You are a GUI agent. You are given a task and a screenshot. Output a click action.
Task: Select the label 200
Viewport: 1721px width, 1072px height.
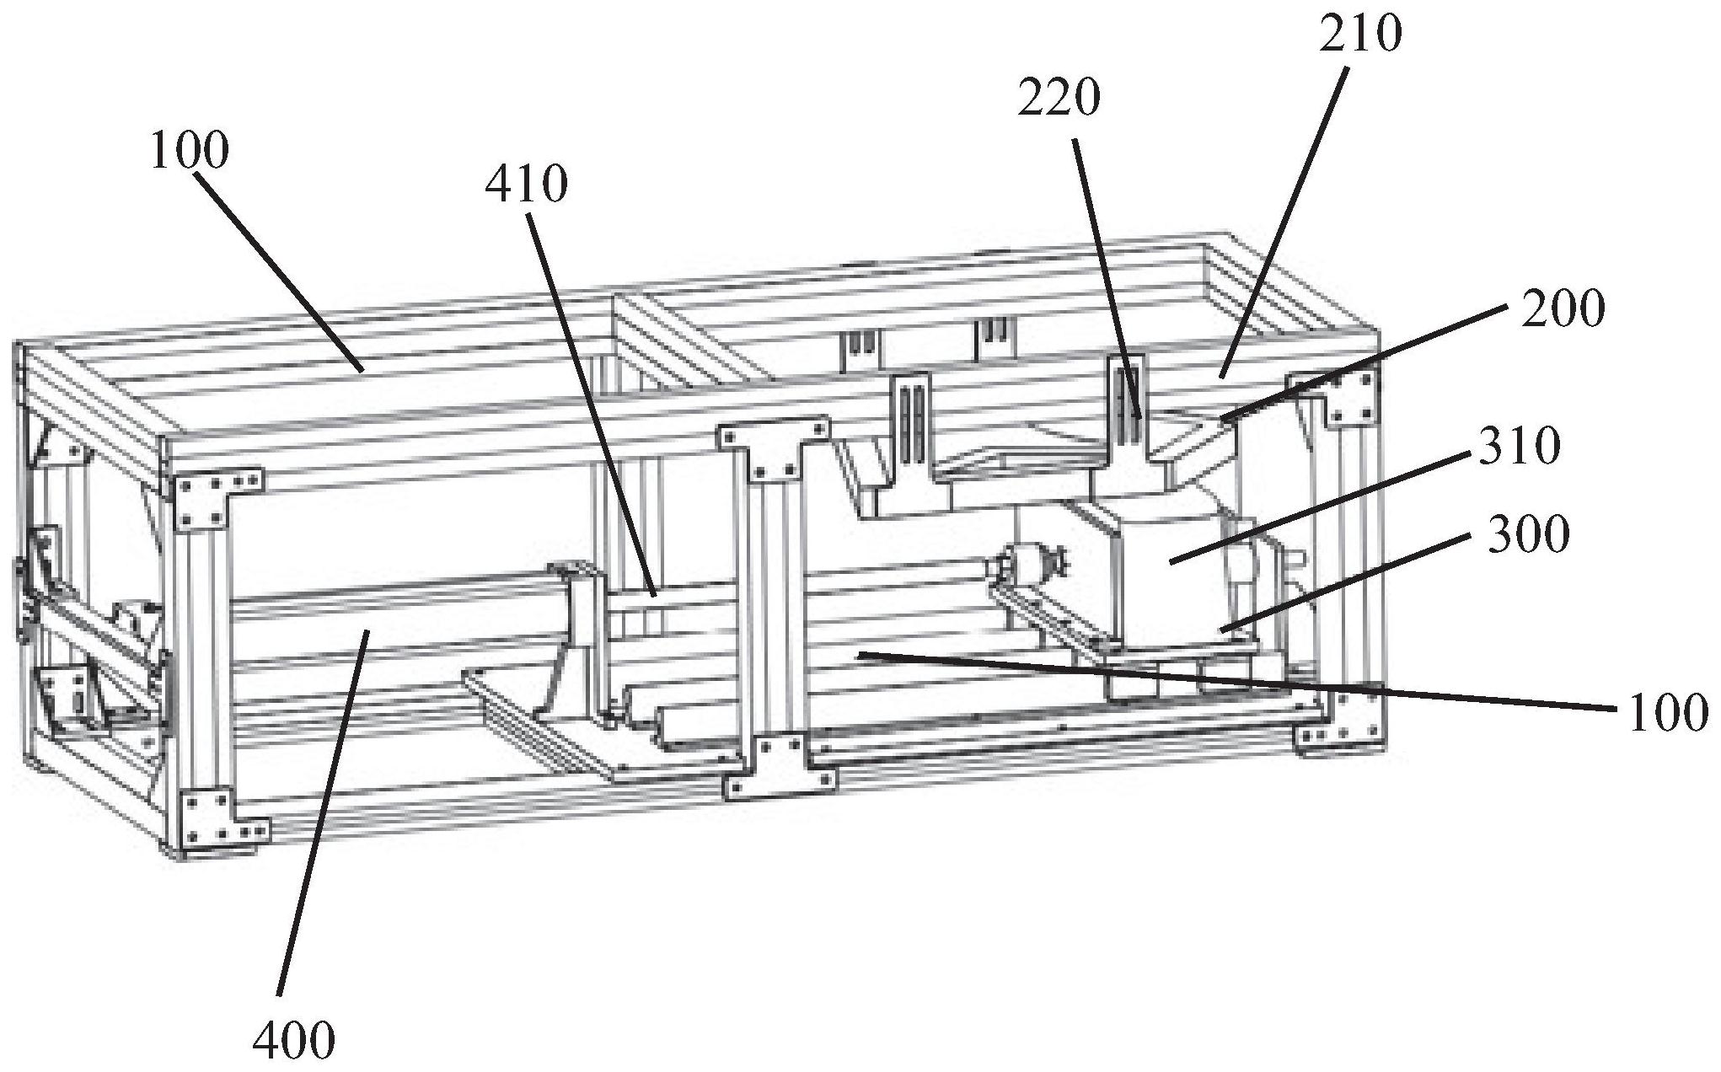click(1562, 310)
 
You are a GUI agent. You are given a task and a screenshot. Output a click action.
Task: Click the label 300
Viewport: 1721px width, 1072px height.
click(1528, 534)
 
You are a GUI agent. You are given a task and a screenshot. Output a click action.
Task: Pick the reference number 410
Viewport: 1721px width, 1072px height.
click(526, 184)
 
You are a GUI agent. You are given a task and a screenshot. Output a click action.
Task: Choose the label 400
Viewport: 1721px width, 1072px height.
click(293, 1040)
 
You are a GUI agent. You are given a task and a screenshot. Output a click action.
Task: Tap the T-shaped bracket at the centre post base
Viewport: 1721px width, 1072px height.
click(780, 767)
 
